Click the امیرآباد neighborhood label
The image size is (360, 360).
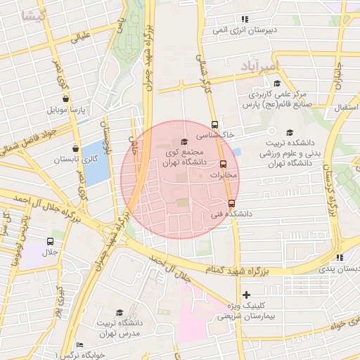[259, 66]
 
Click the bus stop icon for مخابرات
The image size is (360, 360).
[224, 165]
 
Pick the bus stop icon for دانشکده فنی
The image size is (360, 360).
[231, 203]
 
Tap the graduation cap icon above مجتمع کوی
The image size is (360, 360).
[184, 142]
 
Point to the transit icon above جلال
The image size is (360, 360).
[49, 241]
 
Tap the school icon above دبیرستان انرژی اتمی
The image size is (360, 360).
[244, 19]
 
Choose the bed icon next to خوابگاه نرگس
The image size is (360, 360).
[79, 345]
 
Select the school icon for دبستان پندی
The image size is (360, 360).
[339, 258]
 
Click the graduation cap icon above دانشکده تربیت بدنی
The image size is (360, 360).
[289, 132]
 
